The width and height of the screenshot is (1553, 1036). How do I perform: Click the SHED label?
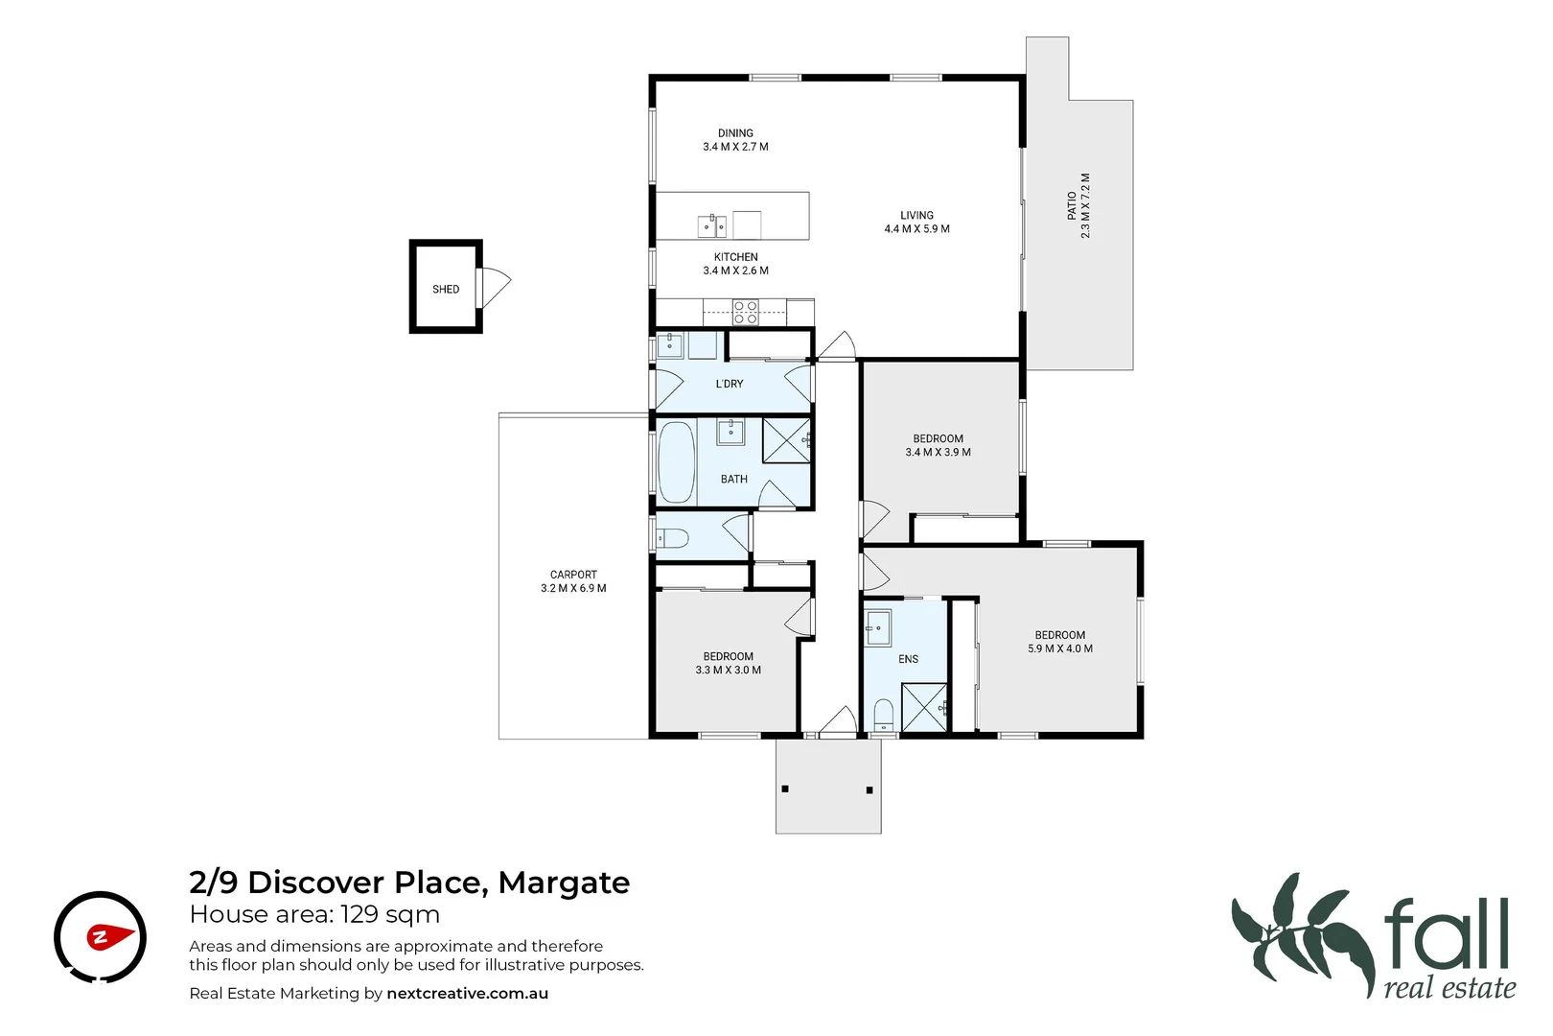pyautogui.click(x=446, y=289)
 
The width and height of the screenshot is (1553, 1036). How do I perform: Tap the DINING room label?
pyautogui.click(x=735, y=140)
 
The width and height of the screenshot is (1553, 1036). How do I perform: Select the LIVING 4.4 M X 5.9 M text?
pyautogui.click(x=916, y=223)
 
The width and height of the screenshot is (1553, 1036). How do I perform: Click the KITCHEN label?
pyautogui.click(x=735, y=264)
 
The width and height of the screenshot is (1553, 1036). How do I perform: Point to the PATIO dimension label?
pyautogui.click(x=1078, y=206)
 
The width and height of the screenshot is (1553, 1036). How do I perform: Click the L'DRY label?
pyautogui.click(x=730, y=384)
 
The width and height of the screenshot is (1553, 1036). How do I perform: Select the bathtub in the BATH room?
pyautogui.click(x=676, y=462)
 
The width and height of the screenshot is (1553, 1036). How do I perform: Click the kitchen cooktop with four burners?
pyautogui.click(x=745, y=312)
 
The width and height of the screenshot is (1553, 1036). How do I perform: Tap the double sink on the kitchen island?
pyautogui.click(x=711, y=226)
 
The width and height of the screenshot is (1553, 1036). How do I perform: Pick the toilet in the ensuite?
pyautogui.click(x=883, y=716)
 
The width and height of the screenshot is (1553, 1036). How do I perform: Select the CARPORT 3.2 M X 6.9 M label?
pyautogui.click(x=573, y=581)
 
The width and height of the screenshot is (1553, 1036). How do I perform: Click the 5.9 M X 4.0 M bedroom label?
pyautogui.click(x=1059, y=642)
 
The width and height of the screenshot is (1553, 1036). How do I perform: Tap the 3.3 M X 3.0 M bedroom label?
pyautogui.click(x=728, y=664)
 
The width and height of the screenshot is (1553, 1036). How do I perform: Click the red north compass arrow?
pyautogui.click(x=109, y=936)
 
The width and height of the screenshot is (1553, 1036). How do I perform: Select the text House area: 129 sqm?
pyautogui.click(x=314, y=914)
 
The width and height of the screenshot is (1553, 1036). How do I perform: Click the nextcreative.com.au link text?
pyautogui.click(x=467, y=994)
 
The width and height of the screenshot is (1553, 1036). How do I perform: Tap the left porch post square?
pyautogui.click(x=785, y=789)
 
